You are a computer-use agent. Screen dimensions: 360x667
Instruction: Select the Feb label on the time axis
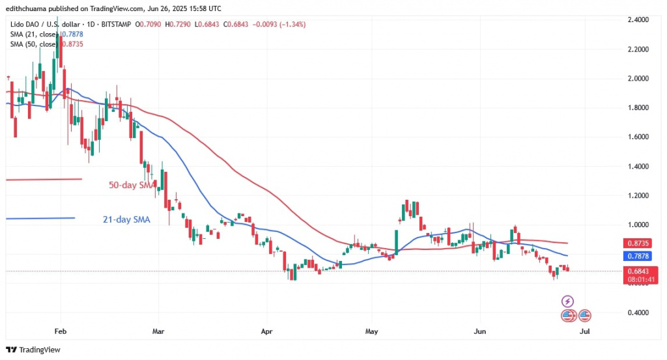tap(60, 331)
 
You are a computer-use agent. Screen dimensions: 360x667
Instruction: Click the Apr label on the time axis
tap(266, 331)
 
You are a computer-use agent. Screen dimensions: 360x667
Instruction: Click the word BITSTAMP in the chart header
tap(115, 25)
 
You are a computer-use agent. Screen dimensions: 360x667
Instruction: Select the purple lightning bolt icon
tap(567, 301)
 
